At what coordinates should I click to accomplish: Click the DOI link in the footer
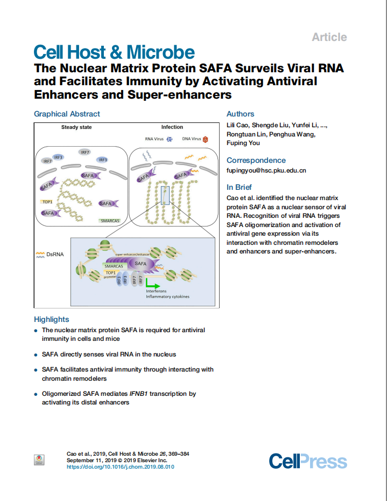click(120, 467)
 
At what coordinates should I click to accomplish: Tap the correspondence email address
click(266, 170)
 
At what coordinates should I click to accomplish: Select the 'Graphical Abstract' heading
click(67, 114)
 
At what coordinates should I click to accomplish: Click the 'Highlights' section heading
click(52, 319)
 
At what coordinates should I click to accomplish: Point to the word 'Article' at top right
click(329, 37)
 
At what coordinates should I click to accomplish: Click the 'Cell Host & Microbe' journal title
click(114, 52)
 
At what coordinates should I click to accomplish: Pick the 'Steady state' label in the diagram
click(76, 127)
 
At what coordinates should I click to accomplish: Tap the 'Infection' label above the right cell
click(172, 127)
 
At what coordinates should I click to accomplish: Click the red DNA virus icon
click(205, 139)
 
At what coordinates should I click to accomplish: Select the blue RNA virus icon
click(170, 139)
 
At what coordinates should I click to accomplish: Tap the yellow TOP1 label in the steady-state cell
click(47, 201)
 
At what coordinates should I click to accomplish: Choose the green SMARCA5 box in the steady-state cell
click(110, 221)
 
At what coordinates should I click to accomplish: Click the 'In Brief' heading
click(239, 187)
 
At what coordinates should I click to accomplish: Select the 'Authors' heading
click(240, 114)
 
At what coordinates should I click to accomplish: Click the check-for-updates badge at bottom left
click(39, 460)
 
